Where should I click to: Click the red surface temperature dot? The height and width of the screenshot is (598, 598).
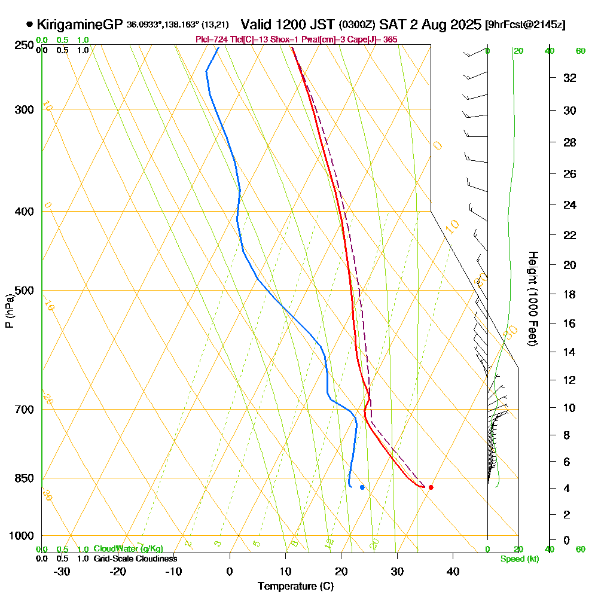point(431,487)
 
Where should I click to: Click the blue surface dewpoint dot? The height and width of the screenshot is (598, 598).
point(362,487)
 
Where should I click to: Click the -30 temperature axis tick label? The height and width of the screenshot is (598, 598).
point(62,571)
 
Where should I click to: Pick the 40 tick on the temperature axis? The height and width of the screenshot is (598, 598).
point(453,571)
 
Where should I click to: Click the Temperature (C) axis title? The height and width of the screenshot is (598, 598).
point(295,587)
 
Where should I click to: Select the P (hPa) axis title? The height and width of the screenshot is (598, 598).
point(9,311)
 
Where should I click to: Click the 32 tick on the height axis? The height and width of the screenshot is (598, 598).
point(570,78)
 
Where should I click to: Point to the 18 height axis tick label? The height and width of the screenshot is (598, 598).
point(570,294)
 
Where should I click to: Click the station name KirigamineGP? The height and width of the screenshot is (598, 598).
point(80,25)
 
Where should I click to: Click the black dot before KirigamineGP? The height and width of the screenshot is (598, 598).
point(29,25)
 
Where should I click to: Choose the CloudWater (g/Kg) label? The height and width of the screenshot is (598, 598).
point(128,549)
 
